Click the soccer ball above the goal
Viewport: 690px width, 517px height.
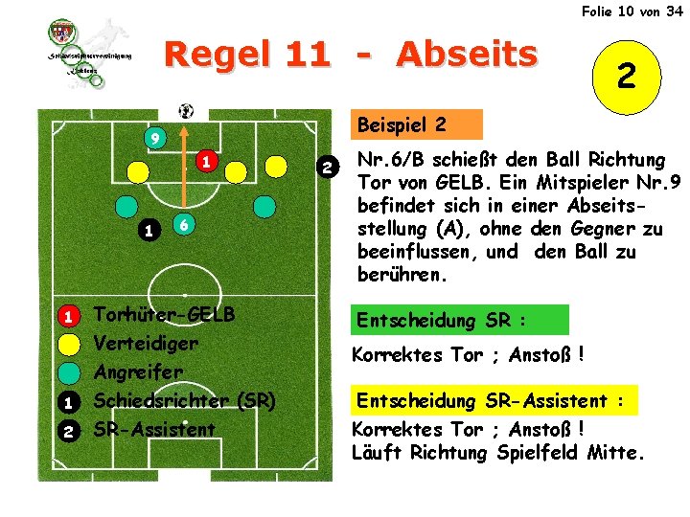pyautogui.click(x=186, y=109)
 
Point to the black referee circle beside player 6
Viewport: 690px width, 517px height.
pyautogui.click(x=147, y=230)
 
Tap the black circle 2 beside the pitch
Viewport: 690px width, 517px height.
pyautogui.click(x=328, y=169)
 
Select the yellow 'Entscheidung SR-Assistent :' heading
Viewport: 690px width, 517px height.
pyautogui.click(x=496, y=401)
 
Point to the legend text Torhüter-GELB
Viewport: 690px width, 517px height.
pyautogui.click(x=164, y=315)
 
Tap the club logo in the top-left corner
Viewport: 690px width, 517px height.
pyautogui.click(x=89, y=53)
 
